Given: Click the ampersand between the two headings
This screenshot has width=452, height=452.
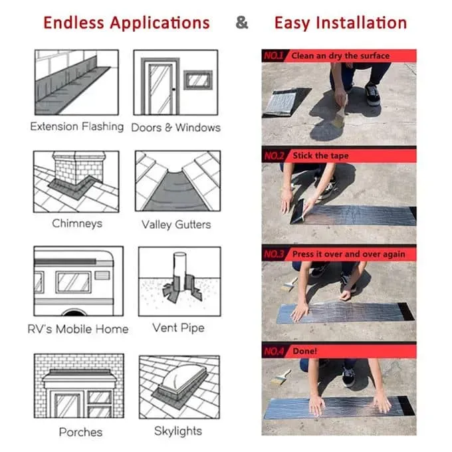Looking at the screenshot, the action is pos(241,23).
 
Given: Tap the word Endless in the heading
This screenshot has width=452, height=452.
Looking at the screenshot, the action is pos(74,23).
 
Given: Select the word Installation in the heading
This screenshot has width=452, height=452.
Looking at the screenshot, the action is pos(362,23).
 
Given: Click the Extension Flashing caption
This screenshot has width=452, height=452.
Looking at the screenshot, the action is pos(76,126).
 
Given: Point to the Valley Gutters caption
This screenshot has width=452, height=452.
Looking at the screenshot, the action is pos(176,225).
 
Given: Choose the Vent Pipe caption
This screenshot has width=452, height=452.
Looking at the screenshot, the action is pos(178,328).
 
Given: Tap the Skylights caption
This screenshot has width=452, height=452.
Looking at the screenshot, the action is pos(178,431).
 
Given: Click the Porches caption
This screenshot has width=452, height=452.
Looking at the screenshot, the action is pos(80,432).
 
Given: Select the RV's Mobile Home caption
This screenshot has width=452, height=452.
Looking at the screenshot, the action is pos(78,329).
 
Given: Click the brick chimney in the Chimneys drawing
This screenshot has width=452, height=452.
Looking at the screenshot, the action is pos(78,168).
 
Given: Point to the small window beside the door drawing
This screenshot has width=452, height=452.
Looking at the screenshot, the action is pos(198,80).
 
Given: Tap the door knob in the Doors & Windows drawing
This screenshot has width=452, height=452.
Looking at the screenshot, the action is pos(173,89).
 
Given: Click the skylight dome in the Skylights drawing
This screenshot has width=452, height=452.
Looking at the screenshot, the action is pos(182,376).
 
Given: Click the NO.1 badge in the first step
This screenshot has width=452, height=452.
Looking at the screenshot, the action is pos(274,56).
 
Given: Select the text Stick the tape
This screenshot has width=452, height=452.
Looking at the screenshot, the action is pos(320,156).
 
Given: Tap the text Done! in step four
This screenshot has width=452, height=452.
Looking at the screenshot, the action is pos(304,351).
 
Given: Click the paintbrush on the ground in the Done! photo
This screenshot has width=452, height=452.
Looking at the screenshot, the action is pos(281,377).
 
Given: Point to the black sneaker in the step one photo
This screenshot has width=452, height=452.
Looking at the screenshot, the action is pos(372,94).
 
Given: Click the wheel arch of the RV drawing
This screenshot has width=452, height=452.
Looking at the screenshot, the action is pos(74,312).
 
